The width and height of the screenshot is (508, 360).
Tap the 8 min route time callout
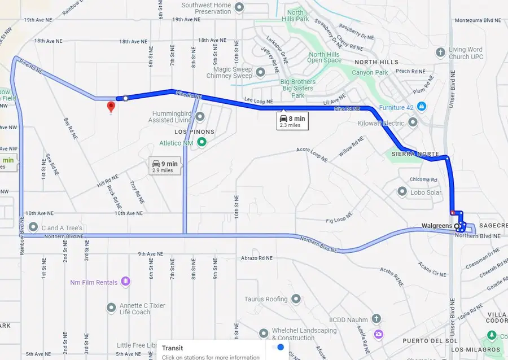pyautogui.click(x=292, y=121)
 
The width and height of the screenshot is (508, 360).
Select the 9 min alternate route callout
pyautogui.click(x=164, y=165)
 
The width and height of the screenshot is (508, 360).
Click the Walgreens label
pyautogui.click(x=436, y=226)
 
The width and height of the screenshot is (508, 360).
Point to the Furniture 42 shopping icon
pyautogui.click(x=421, y=107)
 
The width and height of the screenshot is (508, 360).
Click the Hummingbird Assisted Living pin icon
pyautogui.click(x=200, y=116)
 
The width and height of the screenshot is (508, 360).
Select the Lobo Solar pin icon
pyautogui.click(x=402, y=192)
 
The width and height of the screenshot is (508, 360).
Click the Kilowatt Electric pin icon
pyautogui.click(x=413, y=122)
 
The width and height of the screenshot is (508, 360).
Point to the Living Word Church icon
pyautogui.click(x=441, y=52)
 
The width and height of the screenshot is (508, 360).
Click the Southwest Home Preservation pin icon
pyautogui.click(x=239, y=7)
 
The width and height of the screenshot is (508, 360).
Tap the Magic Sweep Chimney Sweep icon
pyautogui.click(x=260, y=72)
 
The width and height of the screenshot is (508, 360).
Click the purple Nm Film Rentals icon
pyautogui.click(x=125, y=282)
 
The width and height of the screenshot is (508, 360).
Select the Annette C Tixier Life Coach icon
pyautogui.click(x=111, y=308)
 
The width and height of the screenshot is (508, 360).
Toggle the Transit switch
pyautogui.click(x=277, y=348)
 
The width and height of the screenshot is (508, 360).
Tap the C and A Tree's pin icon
pyautogui.click(x=34, y=228)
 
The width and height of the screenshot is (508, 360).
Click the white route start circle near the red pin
pyautogui.click(x=125, y=98)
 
